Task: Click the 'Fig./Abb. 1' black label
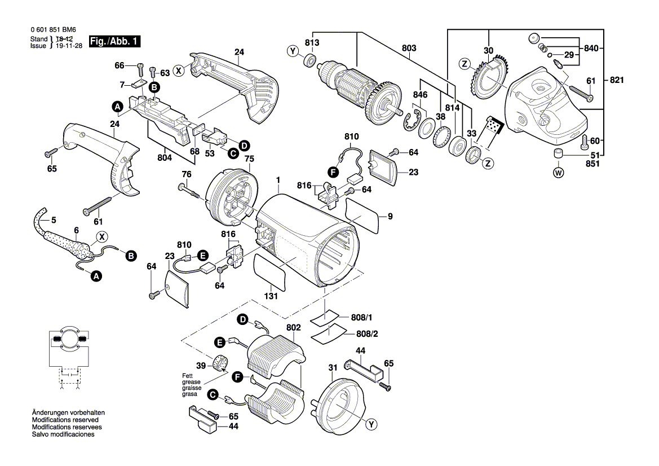tap(116, 42)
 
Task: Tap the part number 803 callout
tap(409, 49)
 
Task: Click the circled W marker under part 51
tap(558, 173)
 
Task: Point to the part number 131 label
tap(272, 297)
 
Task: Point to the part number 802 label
tap(293, 327)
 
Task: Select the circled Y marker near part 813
tap(293, 51)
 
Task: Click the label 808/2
tap(366, 333)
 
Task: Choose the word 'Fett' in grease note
tap(187, 376)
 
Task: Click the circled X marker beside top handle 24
tap(178, 71)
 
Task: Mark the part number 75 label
tap(249, 159)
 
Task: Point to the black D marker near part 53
tap(244, 146)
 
